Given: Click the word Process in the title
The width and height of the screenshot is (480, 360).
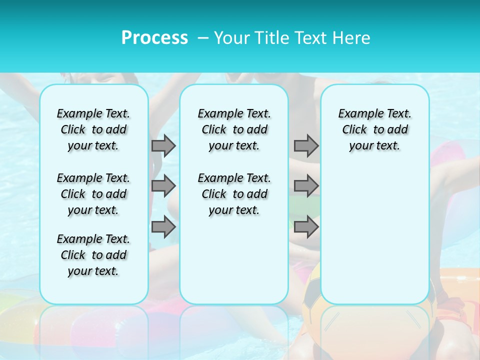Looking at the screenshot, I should tap(154, 37).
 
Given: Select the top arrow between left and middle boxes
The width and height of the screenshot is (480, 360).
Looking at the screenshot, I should tap(163, 145).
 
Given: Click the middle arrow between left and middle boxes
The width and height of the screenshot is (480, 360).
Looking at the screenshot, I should tap(163, 186).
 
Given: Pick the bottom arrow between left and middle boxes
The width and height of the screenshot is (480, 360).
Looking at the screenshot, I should tap(163, 227).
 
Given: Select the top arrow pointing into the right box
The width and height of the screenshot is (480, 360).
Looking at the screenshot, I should tap(306, 145).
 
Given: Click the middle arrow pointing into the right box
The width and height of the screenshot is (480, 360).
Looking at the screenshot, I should tap(306, 186).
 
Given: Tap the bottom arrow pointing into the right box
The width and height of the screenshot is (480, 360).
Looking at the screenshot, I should tap(306, 227).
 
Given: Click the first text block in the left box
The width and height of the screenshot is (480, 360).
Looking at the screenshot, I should tap(93, 129).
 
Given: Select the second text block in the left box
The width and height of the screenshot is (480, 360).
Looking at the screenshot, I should tap(93, 194).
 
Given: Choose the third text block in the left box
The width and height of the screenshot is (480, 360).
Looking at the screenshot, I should tap(93, 255).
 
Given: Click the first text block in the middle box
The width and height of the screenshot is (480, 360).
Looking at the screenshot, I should tap(234, 129).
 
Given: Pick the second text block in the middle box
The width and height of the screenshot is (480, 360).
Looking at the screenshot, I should tap(234, 194).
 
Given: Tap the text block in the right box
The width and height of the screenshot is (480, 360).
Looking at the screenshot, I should tap(375, 129).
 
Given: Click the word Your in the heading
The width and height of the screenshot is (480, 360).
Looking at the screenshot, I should tap(231, 37).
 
